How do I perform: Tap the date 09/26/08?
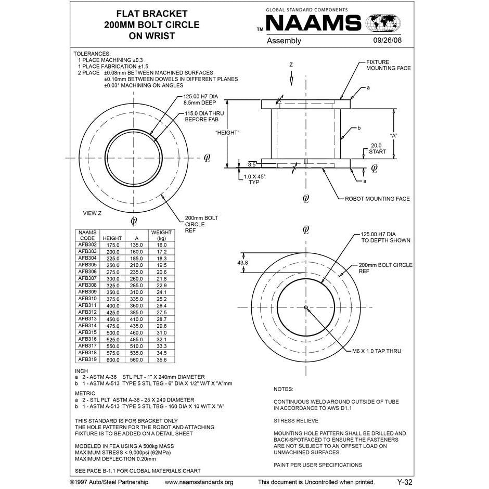point(387,41)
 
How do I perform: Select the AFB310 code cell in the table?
point(87,299)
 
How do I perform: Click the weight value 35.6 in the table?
point(161,359)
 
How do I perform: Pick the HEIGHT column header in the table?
point(112,238)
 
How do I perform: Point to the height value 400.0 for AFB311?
point(113,305)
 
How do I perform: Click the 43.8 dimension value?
point(242,263)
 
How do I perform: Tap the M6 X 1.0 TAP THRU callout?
point(376,351)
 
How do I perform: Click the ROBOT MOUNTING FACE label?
point(377,199)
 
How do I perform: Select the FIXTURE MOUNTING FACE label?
point(388,65)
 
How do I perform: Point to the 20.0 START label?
point(376,149)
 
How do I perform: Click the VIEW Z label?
point(92,213)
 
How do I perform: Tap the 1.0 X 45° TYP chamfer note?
point(254,179)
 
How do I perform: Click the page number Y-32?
point(404,482)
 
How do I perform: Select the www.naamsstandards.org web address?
point(199,482)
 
